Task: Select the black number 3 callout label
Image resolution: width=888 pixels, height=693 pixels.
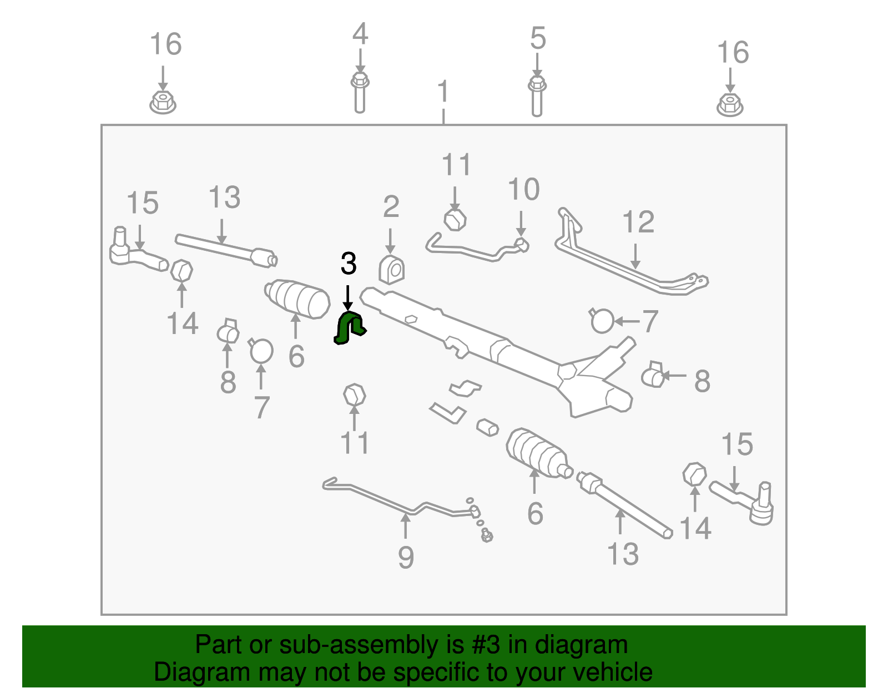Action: tap(349, 264)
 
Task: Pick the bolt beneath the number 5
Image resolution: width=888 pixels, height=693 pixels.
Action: tap(537, 96)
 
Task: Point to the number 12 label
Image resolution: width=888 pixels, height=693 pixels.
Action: tap(638, 222)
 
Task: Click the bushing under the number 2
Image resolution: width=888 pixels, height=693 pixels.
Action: tap(391, 270)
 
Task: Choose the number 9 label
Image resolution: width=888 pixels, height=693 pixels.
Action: tap(406, 558)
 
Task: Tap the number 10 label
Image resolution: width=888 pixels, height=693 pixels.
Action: tap(523, 190)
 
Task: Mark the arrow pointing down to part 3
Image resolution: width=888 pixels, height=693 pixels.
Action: tap(348, 298)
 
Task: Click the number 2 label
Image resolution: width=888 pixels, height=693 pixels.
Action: tap(391, 206)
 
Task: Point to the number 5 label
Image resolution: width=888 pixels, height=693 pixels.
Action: tap(538, 38)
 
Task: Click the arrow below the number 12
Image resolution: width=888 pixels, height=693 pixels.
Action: tap(635, 256)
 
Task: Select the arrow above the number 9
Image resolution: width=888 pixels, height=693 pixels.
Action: tap(405, 525)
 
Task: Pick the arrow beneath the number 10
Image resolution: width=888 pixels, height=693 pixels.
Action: tap(521, 224)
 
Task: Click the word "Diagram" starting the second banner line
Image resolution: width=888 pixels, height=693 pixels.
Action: tap(202, 672)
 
